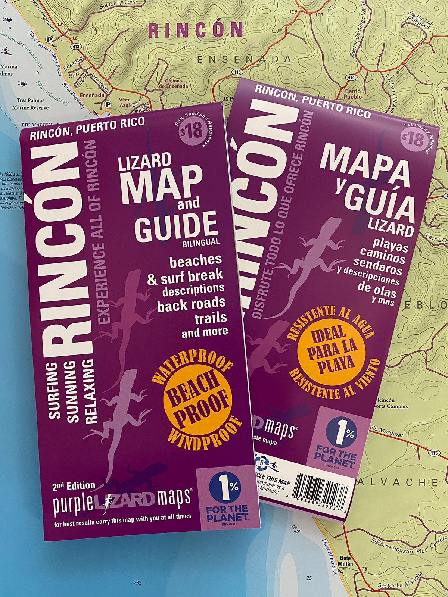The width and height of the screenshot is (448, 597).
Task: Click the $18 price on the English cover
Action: (192, 132)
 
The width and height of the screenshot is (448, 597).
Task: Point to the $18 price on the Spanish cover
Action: (413, 140)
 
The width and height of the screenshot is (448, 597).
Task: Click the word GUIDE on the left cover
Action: (175, 227)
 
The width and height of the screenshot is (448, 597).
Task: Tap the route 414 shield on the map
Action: (351, 78)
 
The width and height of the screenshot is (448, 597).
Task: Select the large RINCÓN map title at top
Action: (196, 30)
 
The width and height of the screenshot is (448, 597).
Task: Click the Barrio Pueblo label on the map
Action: (352, 94)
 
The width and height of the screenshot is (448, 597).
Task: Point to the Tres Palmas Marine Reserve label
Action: (30, 104)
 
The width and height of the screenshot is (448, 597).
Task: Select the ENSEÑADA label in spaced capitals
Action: (244, 59)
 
